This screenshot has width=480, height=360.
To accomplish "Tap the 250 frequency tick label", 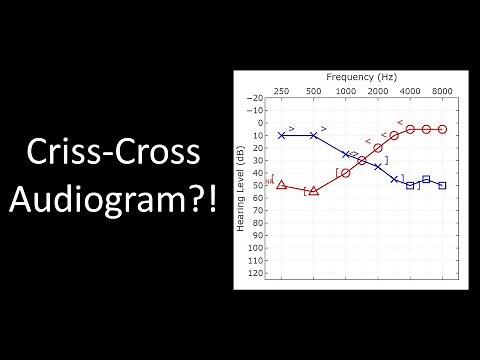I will [282, 91].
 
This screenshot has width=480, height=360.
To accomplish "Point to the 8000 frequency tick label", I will [441, 91].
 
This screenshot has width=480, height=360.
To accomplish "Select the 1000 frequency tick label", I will [345, 91].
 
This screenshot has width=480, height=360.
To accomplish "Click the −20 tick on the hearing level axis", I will [257, 98].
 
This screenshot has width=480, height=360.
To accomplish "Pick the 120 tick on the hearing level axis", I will [257, 272].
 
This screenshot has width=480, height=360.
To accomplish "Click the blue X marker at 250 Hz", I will [282, 135].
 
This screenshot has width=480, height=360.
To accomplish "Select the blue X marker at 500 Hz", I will [314, 135].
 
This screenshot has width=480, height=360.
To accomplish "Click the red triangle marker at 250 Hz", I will [282, 185].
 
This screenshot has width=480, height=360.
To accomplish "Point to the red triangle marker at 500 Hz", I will [314, 190].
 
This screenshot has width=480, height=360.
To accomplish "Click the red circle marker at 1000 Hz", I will [345, 173].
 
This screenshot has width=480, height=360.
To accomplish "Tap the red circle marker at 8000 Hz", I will [441, 129].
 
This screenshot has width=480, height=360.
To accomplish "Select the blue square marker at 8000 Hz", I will [441, 185].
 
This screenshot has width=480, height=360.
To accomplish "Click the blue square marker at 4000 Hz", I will [410, 185].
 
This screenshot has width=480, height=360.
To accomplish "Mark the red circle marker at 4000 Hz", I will [410, 129].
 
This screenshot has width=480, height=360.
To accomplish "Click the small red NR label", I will [268, 181].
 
